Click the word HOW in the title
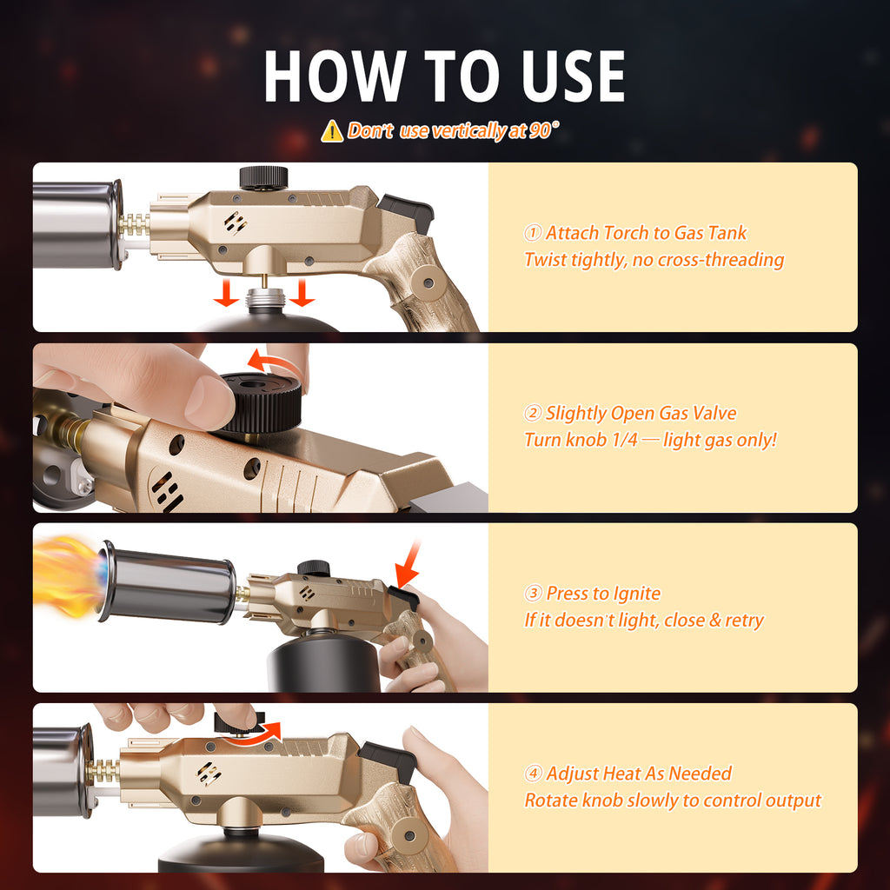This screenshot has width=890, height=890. click(x=335, y=76)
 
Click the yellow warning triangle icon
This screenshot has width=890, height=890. click(x=332, y=131)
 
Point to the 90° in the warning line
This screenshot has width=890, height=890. click(x=544, y=130)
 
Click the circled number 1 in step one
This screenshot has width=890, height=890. click(x=533, y=233)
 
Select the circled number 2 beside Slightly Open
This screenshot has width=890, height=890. click(x=533, y=413)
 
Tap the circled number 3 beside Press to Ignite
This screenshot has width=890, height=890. click(x=533, y=593)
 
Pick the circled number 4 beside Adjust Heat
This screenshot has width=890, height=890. click(x=533, y=773)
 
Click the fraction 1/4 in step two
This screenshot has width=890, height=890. click(x=625, y=440)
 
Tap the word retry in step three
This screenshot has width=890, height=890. click(x=744, y=621)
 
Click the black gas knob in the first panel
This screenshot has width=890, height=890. click(x=263, y=177)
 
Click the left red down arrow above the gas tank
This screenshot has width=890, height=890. click(x=226, y=292)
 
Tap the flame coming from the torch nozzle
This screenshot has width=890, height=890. click(x=67, y=576)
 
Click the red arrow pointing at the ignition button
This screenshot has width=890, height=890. click(x=409, y=564)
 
